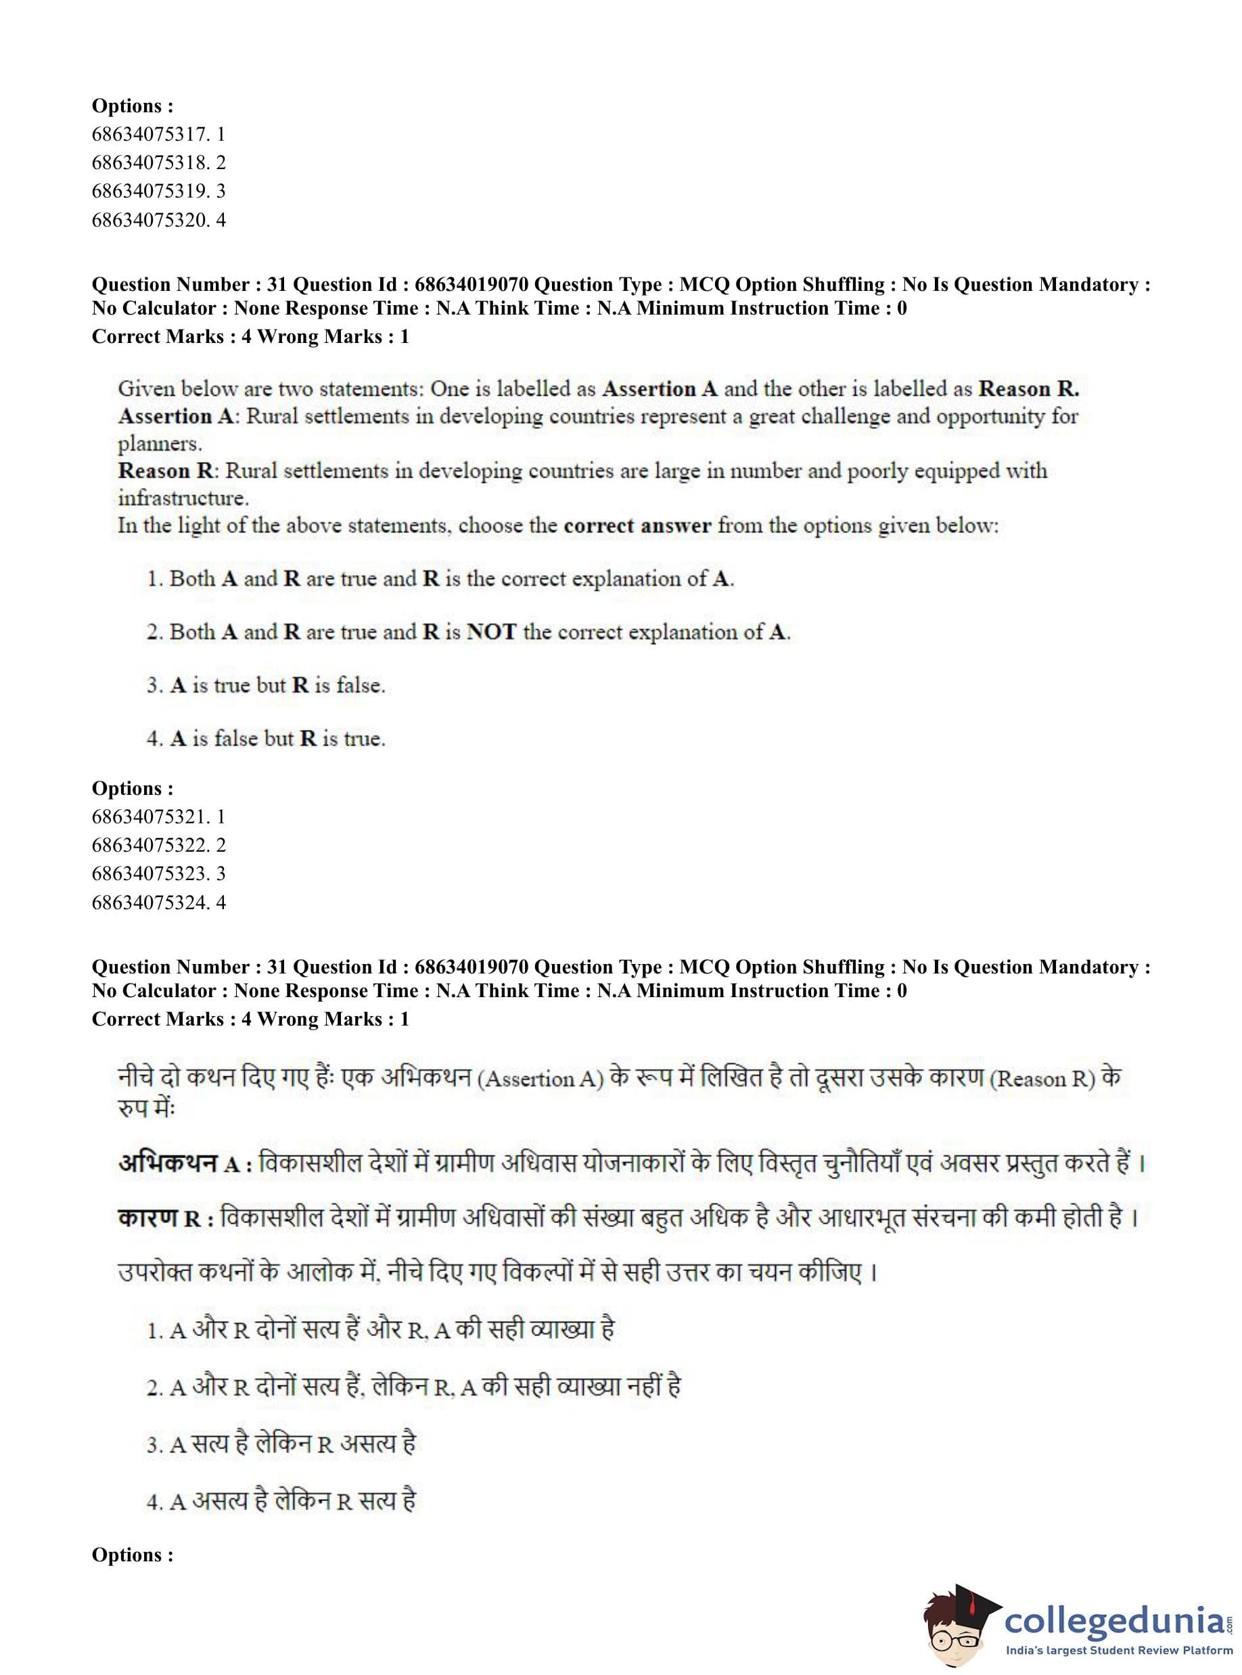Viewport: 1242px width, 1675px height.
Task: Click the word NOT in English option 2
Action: coord(491,633)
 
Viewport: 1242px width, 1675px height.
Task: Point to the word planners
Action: coord(160,444)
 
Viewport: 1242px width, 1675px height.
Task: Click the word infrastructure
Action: coord(183,498)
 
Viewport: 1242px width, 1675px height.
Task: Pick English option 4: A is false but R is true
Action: coord(266,739)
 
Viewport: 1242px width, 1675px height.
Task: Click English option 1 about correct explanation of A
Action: coord(440,579)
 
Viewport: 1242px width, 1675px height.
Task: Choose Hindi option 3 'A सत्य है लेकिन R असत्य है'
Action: coord(281,1445)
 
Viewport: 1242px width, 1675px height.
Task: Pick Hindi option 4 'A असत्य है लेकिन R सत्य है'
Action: coord(281,1502)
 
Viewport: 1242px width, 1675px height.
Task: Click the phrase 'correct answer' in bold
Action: coord(637,526)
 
